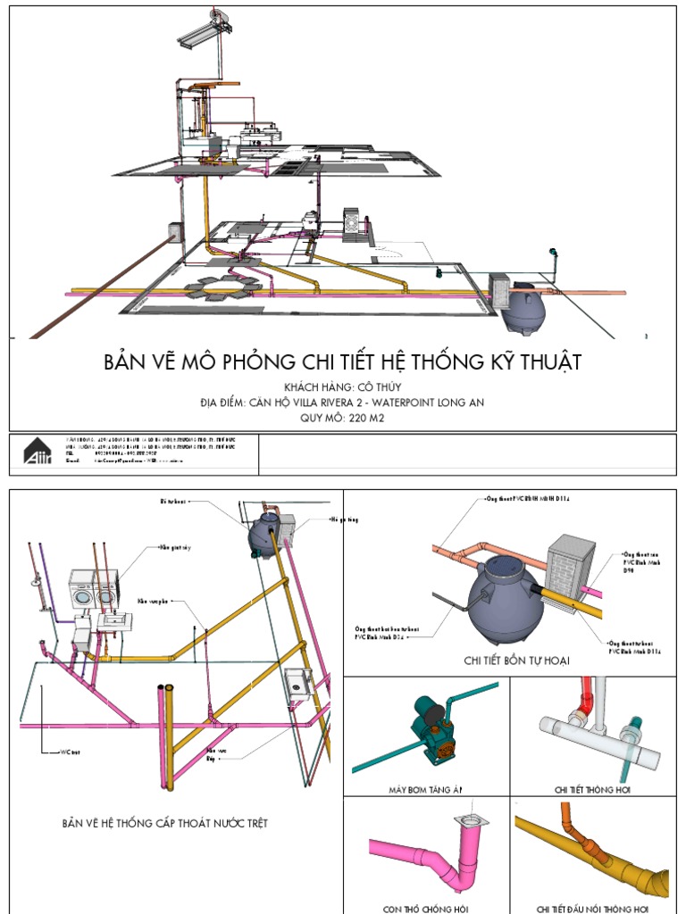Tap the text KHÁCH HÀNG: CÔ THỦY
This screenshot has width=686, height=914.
click(x=343, y=387)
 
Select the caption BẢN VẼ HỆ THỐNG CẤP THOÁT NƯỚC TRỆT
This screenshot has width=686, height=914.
click(x=164, y=823)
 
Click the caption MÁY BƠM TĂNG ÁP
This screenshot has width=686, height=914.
click(x=425, y=789)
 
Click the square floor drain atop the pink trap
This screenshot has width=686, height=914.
click(x=467, y=819)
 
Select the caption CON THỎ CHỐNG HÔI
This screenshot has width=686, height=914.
click(x=425, y=909)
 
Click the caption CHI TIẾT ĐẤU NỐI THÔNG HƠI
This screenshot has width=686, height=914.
click(x=591, y=909)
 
